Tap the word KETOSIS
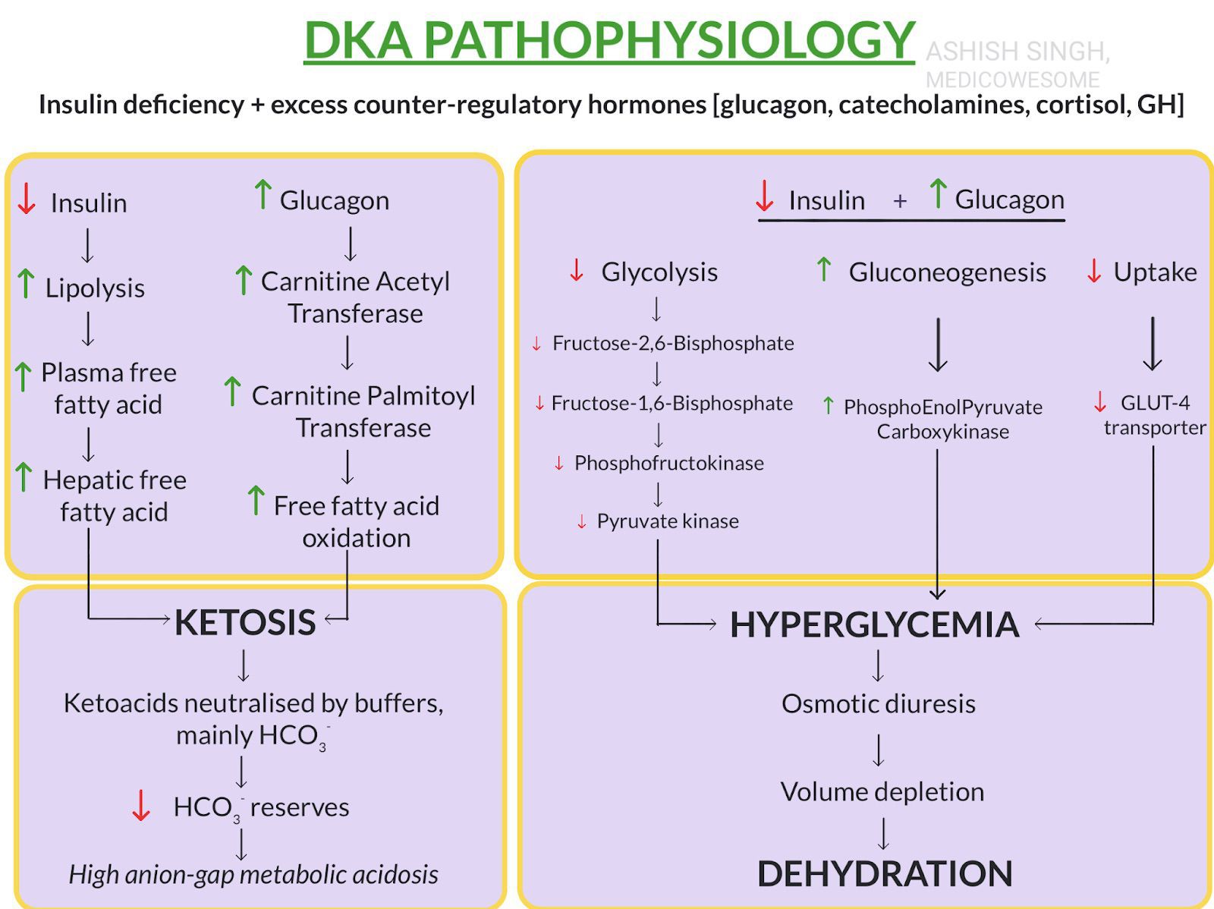tap(245, 622)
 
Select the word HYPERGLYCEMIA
tap(874, 624)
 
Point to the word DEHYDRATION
tap(885, 873)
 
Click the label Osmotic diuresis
tap(878, 703)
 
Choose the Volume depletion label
tap(882, 791)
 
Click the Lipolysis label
tap(95, 288)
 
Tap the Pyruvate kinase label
tap(668, 521)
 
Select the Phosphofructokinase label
tap(668, 463)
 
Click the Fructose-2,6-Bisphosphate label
tap(673, 343)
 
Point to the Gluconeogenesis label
tap(947, 272)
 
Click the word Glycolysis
tap(659, 272)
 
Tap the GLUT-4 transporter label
tap(1154, 414)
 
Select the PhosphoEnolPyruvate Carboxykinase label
tap(942, 419)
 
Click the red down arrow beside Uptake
tap(1093, 271)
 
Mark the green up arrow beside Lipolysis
tap(26, 283)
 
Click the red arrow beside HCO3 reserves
tap(140, 806)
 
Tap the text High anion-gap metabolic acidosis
tap(253, 874)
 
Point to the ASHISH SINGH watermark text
tap(1017, 52)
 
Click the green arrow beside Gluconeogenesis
tap(823, 269)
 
